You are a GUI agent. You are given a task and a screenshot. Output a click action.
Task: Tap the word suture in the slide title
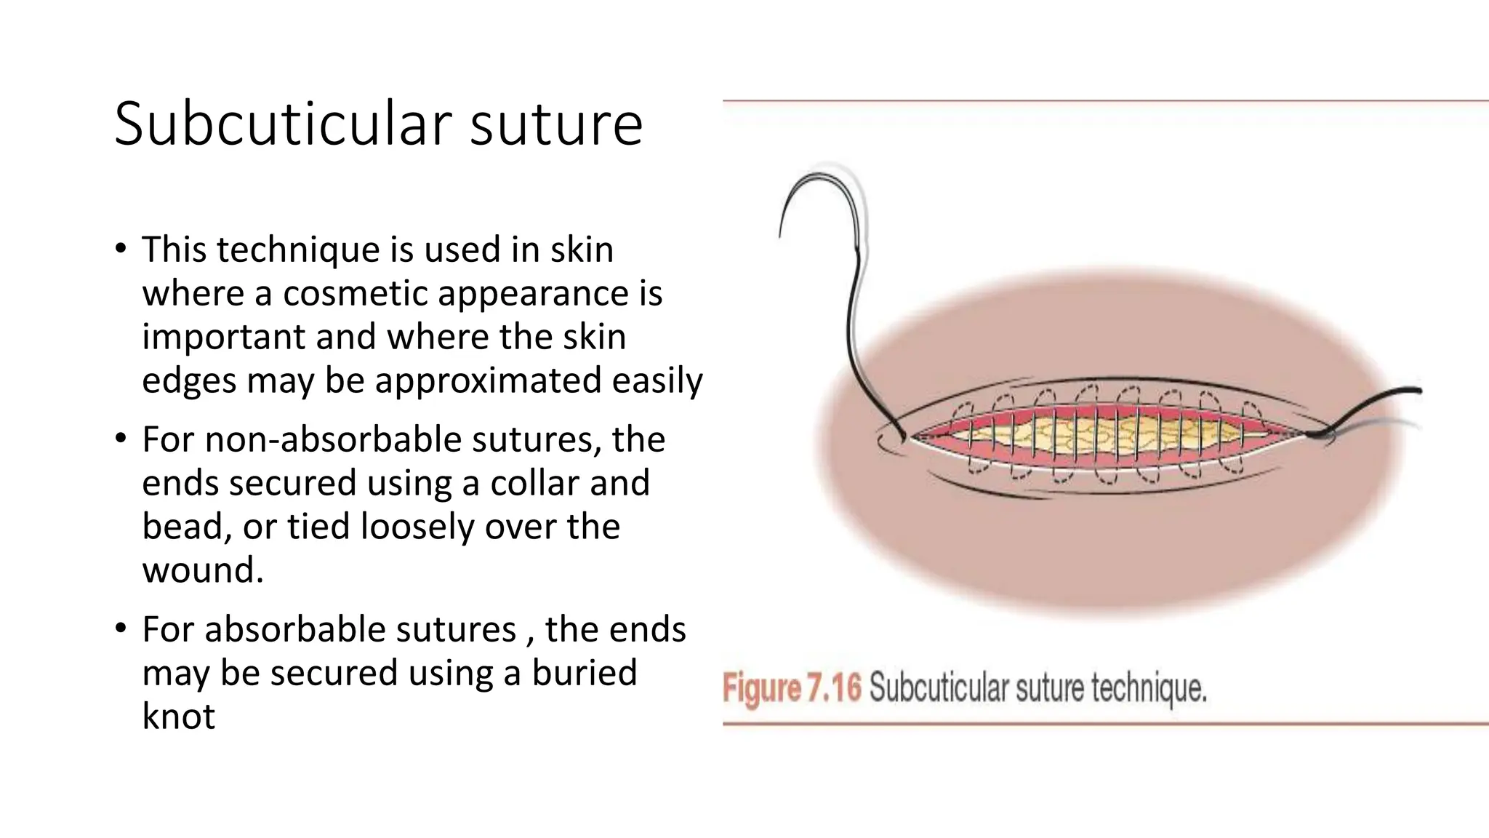(x=556, y=125)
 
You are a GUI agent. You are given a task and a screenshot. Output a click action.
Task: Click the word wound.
(x=202, y=570)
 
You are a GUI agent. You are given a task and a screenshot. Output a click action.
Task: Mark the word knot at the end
(x=178, y=717)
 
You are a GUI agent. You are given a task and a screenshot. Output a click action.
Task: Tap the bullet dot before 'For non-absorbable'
(x=121, y=439)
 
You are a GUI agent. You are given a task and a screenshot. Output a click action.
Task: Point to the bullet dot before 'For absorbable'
(x=121, y=629)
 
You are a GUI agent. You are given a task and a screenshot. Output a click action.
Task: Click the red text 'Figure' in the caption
(x=761, y=688)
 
